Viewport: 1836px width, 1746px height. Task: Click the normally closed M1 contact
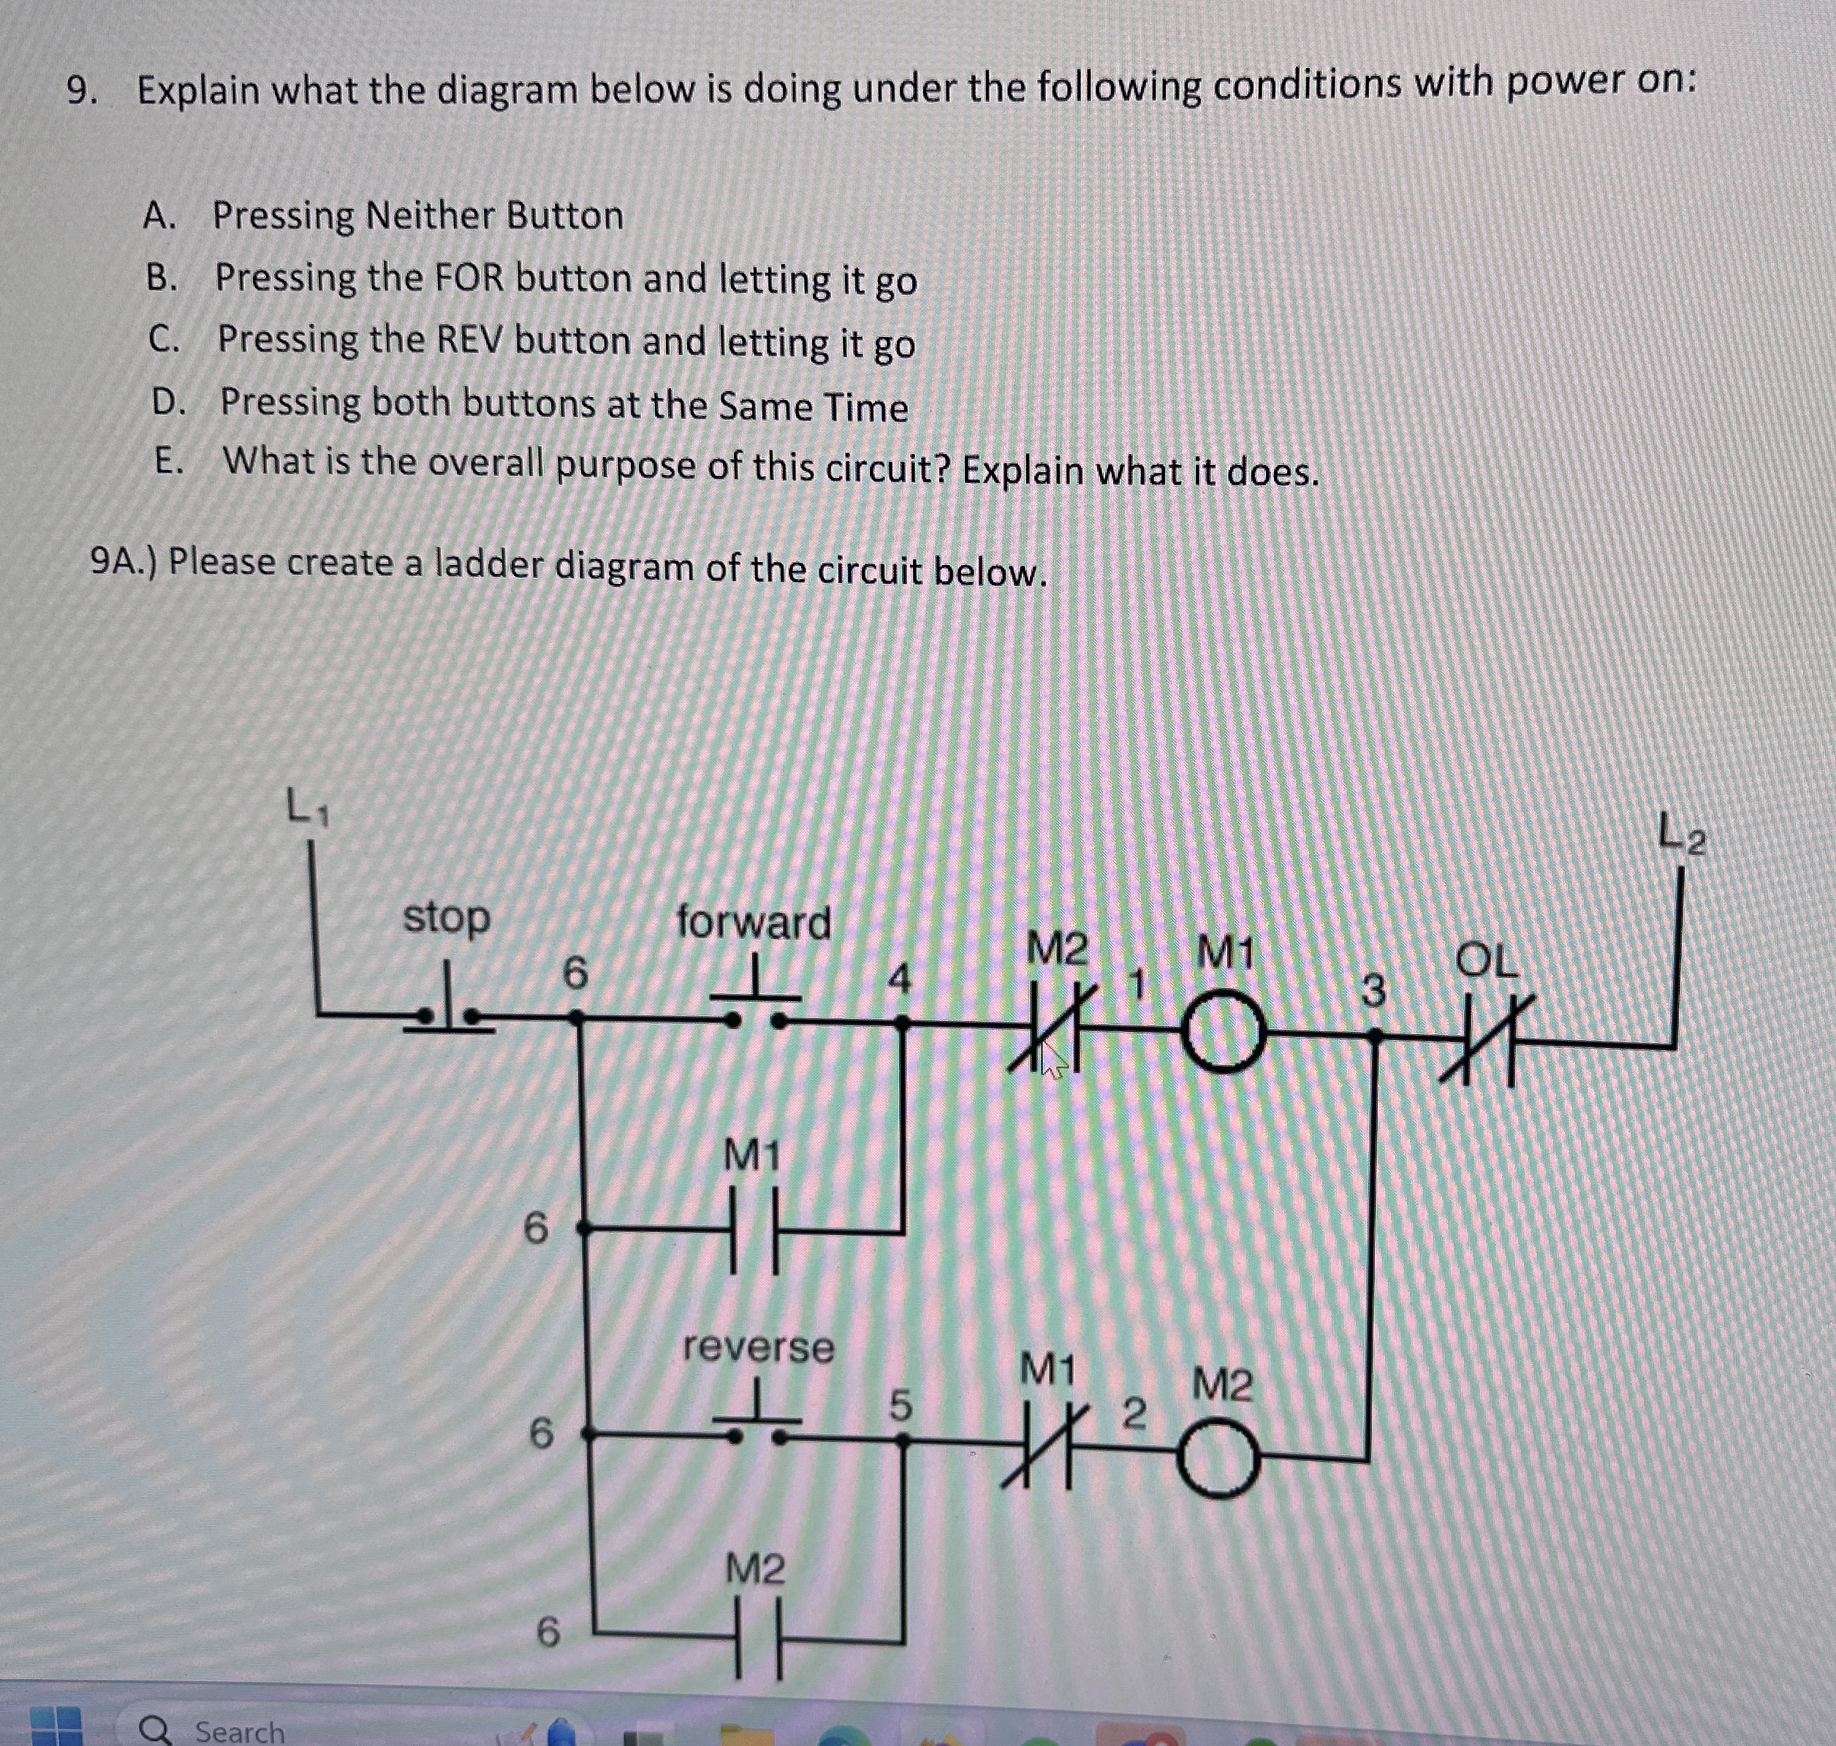pos(1047,1447)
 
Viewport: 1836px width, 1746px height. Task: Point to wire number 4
pos(898,979)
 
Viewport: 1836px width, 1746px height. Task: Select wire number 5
pos(899,1405)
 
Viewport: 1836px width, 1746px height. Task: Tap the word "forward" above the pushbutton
pos(753,922)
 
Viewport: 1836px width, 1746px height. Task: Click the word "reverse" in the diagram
pos(759,1347)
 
